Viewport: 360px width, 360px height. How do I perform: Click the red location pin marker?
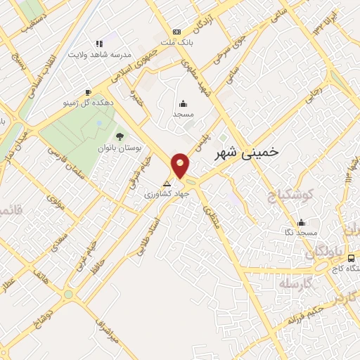[181, 165]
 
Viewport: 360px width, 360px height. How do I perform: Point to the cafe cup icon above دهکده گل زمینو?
[88, 92]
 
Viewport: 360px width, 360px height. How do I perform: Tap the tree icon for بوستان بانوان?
[119, 136]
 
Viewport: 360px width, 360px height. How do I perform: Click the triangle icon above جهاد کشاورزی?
[167, 184]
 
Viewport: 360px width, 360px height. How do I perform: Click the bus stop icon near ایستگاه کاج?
[351, 258]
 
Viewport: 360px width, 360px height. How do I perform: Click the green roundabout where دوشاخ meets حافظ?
[68, 295]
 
